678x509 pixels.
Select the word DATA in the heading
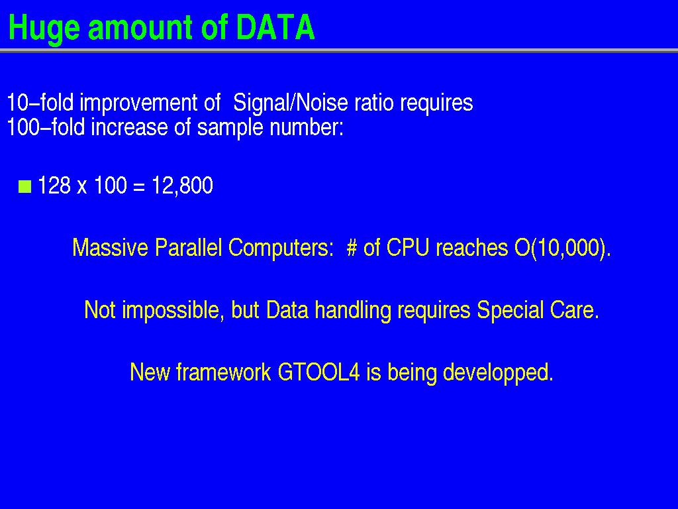pos(275,27)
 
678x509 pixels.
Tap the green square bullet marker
pos(25,186)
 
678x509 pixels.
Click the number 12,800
pos(183,186)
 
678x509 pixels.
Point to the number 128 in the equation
pos(54,186)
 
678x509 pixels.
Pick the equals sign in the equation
pos(138,186)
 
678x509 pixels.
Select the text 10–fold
pos(40,103)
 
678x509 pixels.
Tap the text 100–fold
pos(46,127)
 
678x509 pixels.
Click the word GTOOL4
pos(318,372)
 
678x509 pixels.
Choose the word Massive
pos(111,248)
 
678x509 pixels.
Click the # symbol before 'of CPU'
pos(352,249)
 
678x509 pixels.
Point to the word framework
pos(224,372)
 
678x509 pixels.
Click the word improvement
pos(139,103)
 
